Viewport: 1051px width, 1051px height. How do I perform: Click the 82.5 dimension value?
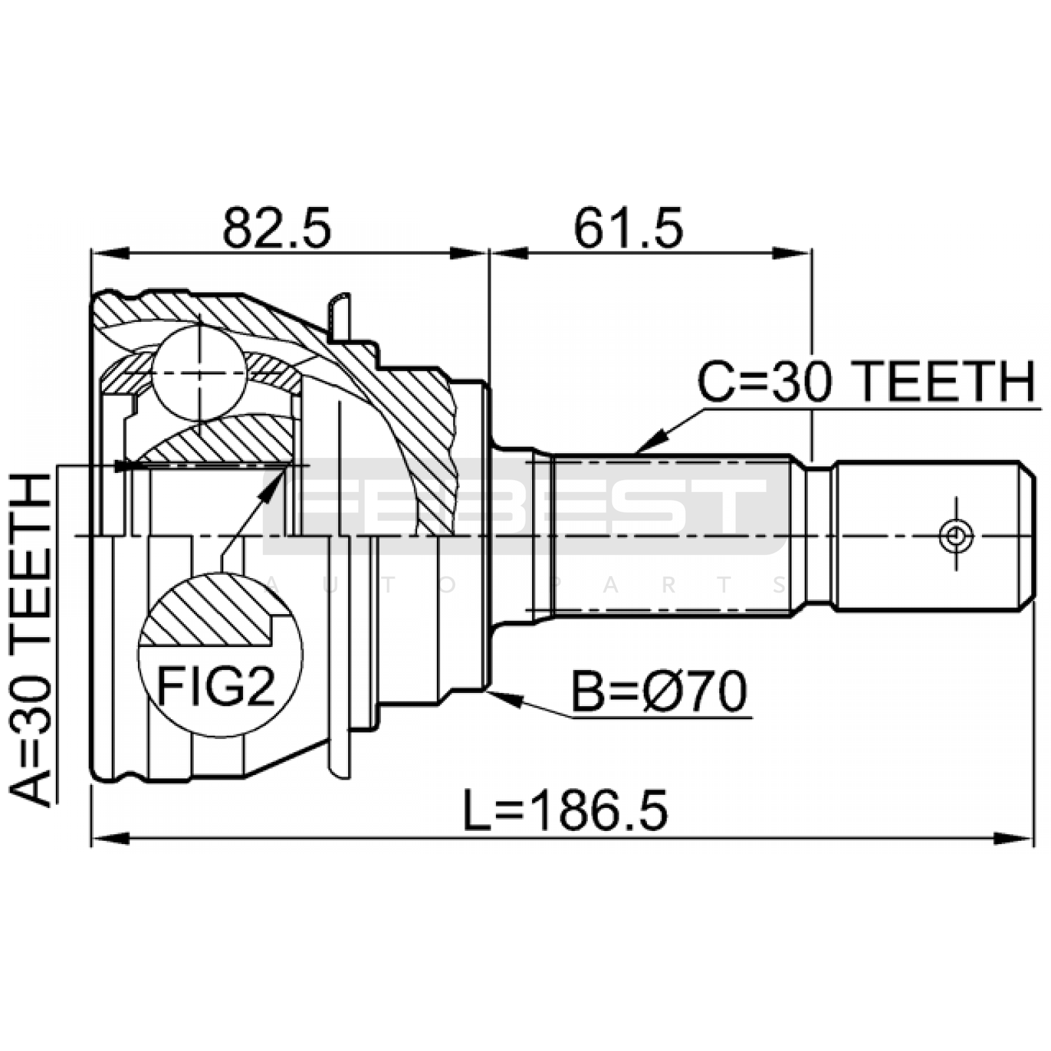(x=277, y=227)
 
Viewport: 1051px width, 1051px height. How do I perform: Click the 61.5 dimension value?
(x=629, y=227)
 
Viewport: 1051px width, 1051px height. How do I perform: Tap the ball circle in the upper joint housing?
(x=199, y=373)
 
